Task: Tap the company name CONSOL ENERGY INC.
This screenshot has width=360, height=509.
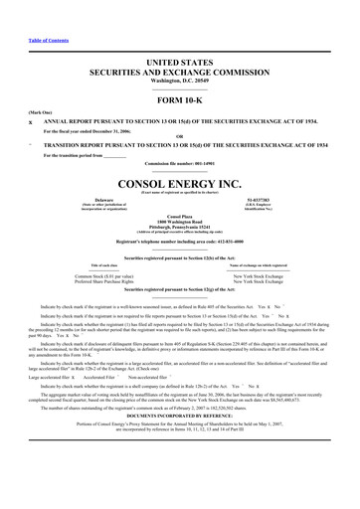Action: [x=180, y=184]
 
